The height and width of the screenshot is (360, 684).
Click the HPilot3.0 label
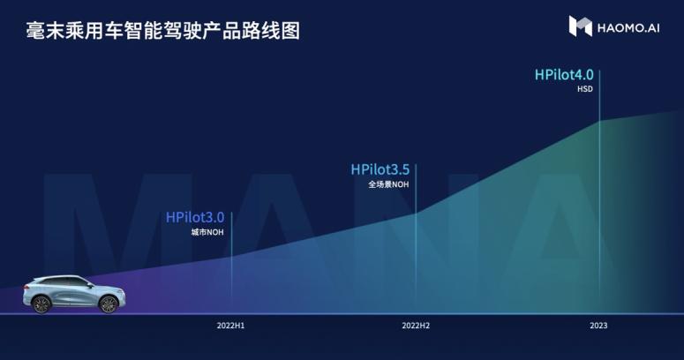(x=195, y=217)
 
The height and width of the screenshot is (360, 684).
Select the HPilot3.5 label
(x=380, y=169)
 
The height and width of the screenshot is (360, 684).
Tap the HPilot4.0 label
(x=564, y=75)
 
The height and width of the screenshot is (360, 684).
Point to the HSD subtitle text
(x=585, y=89)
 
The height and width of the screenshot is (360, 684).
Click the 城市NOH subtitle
(x=207, y=232)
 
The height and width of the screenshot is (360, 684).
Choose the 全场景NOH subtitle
(x=388, y=184)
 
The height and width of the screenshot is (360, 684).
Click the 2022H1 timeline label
(x=230, y=326)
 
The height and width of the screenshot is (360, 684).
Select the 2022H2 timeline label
(x=416, y=326)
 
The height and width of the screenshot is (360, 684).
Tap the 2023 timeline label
(x=598, y=326)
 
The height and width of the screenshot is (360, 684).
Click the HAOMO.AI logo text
(x=628, y=28)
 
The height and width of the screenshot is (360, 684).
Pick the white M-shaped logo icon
(x=580, y=26)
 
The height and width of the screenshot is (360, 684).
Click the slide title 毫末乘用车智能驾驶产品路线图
(x=163, y=31)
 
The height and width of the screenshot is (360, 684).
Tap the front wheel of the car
(x=109, y=304)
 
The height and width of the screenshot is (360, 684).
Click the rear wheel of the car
(x=42, y=304)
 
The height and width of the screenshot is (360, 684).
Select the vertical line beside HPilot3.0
(x=231, y=262)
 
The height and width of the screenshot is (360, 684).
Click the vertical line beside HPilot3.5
(x=416, y=238)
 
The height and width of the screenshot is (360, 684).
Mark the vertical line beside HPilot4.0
(x=599, y=191)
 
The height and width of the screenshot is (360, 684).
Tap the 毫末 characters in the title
(x=45, y=31)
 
